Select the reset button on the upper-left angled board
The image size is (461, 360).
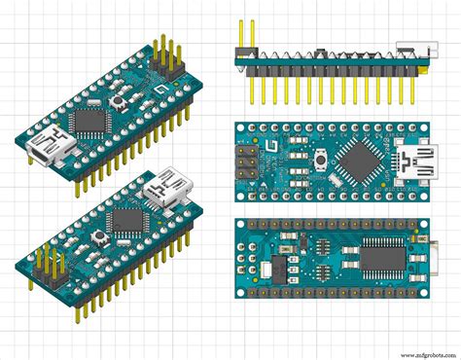point(122,101)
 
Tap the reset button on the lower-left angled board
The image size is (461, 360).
point(97,236)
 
